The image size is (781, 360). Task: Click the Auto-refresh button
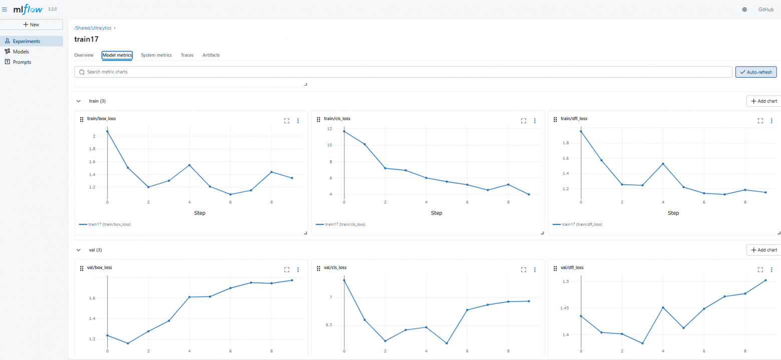[x=756, y=72]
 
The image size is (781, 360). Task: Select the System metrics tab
[x=156, y=55]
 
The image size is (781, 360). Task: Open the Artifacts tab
[x=211, y=55]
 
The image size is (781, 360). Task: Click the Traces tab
[x=187, y=55]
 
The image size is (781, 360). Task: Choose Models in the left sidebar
[x=21, y=52]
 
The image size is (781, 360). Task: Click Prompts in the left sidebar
[x=22, y=62]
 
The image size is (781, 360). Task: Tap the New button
[x=31, y=25]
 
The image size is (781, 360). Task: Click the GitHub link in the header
[x=765, y=10]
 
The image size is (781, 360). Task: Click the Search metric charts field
[x=401, y=72]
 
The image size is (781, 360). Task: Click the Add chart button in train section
[x=763, y=101]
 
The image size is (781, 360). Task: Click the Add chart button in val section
[x=763, y=250]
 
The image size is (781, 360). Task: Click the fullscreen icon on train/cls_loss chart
[x=523, y=121]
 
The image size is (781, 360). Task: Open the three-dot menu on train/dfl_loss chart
[x=771, y=121]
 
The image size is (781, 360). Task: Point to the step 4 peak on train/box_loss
[x=189, y=165]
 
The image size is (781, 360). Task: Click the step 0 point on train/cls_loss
[x=344, y=131]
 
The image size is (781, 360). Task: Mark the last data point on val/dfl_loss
[x=765, y=280]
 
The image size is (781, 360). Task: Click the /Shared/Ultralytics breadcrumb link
[x=93, y=28]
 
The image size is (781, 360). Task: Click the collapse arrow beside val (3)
[x=79, y=250]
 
